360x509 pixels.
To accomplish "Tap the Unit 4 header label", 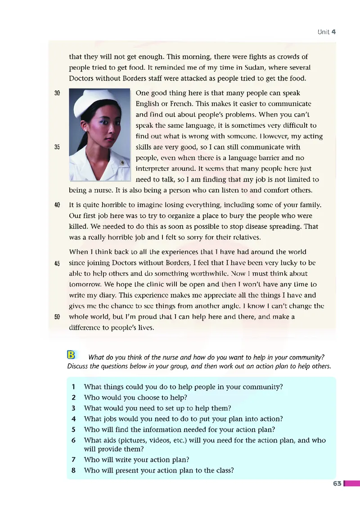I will pos(327,32).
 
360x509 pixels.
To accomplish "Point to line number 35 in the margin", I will pos(57,147).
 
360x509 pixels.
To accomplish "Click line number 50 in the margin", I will pos(57,317).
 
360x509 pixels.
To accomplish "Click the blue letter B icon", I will pos(71,355).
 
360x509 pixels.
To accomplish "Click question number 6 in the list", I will pos(73,441).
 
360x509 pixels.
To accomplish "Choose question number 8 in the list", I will pos(73,471).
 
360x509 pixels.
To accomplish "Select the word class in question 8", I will pos(223,471).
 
